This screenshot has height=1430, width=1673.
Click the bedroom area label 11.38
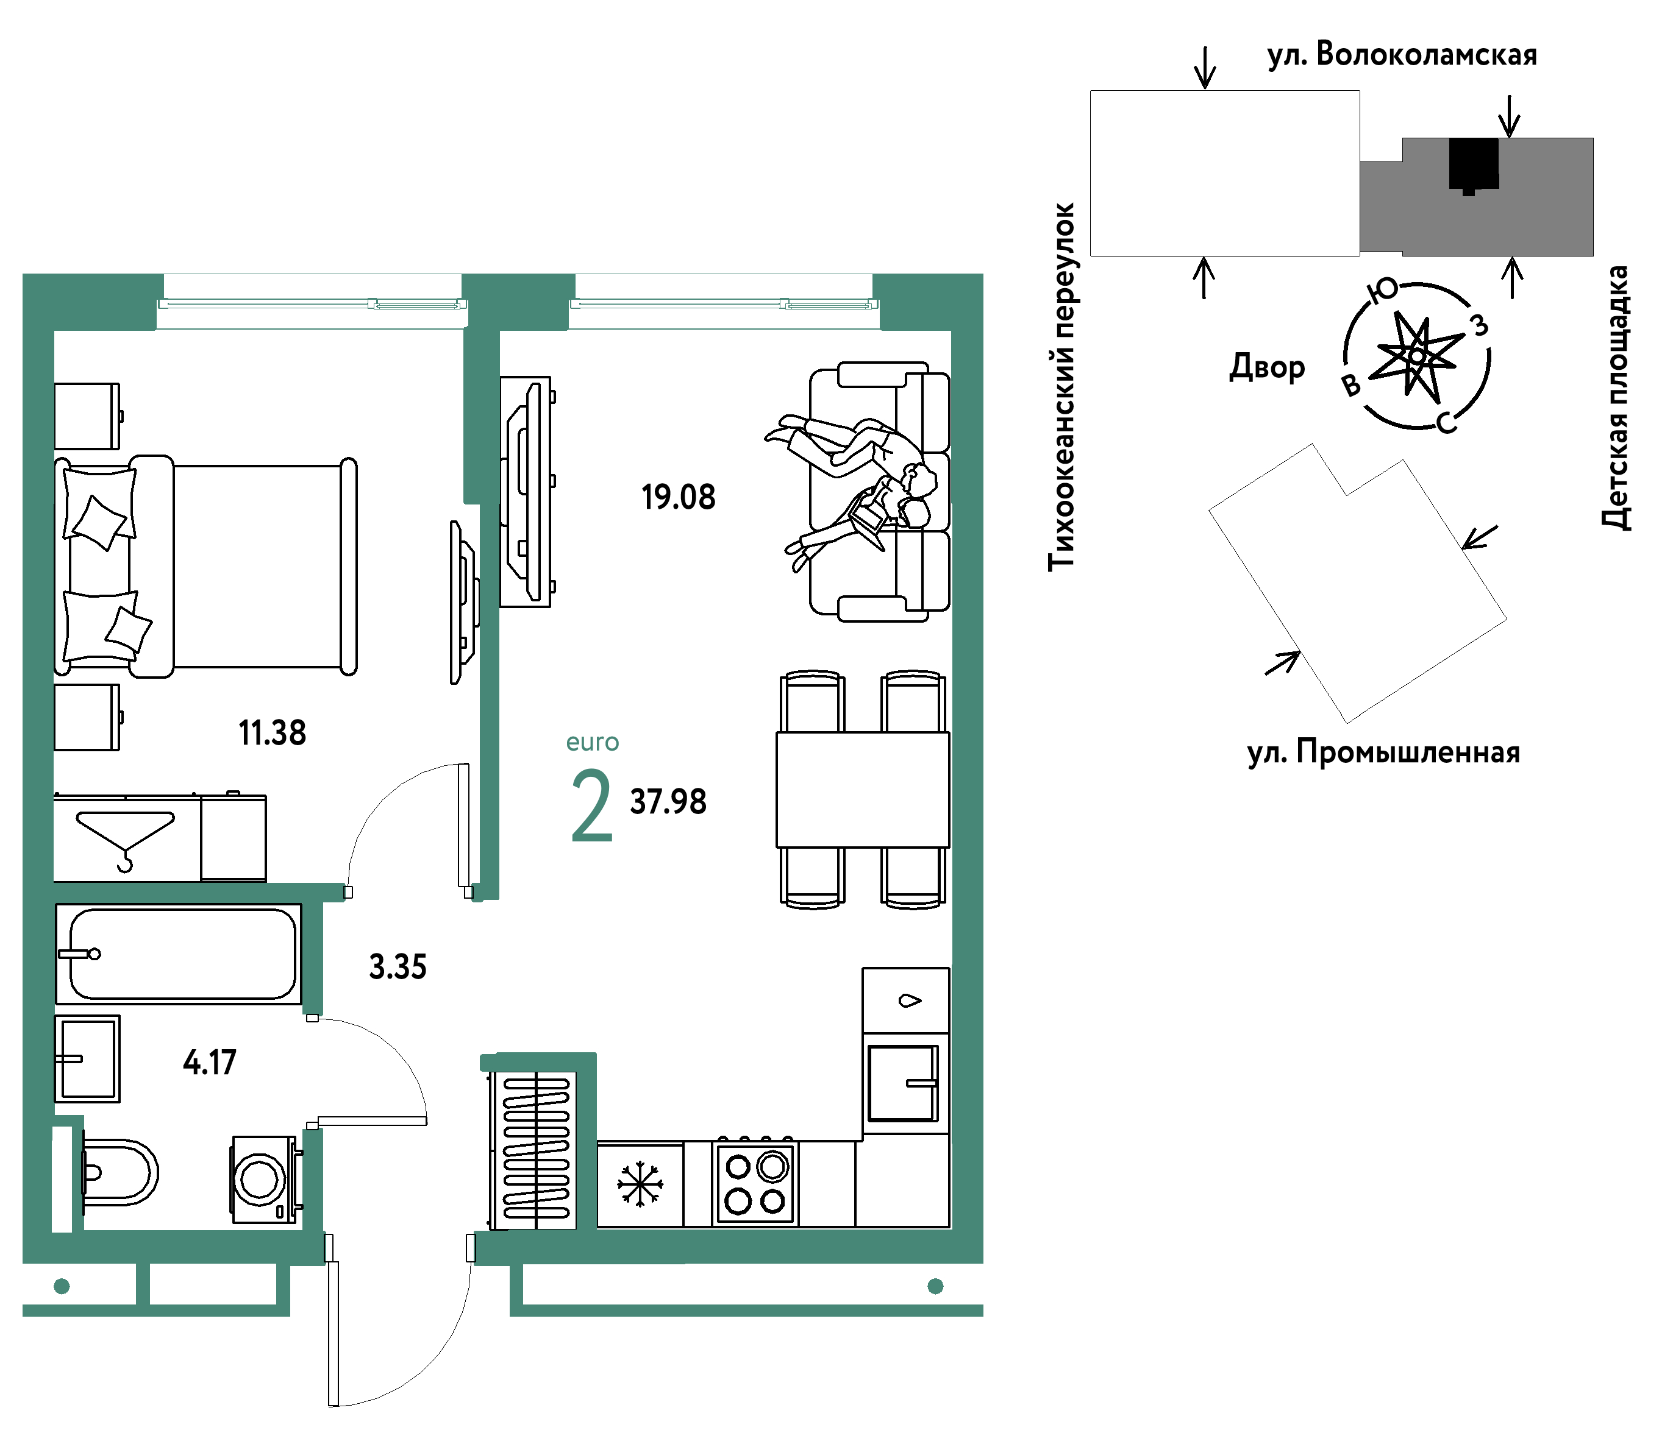pos(272,733)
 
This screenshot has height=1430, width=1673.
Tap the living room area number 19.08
pos(678,497)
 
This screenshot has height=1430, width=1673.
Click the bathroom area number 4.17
pos(210,1062)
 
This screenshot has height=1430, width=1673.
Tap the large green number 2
pos(592,805)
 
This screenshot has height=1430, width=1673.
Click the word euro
pos(593,743)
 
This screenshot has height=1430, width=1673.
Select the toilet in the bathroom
pos(120,1172)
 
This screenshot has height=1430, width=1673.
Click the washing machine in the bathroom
pos(265,1179)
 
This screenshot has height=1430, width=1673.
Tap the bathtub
pos(179,954)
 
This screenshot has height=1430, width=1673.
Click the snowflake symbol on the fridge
pos(640,1184)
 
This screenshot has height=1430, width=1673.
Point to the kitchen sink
pos(903,1083)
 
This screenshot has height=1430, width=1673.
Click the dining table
pos(862,789)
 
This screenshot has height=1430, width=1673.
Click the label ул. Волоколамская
pos(1402,55)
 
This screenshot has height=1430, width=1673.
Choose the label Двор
pos(1267,367)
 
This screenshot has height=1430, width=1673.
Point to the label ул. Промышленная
pos(1383,752)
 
